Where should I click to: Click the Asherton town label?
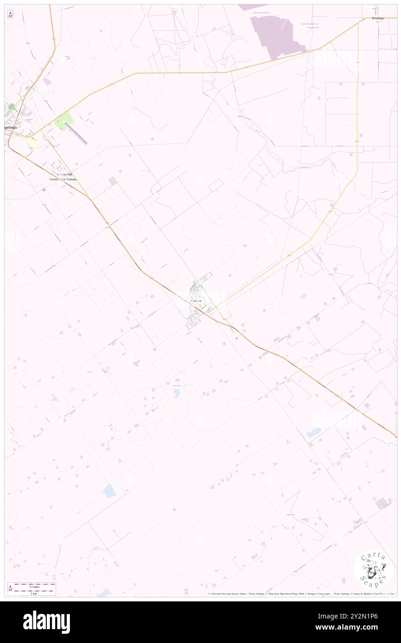196,301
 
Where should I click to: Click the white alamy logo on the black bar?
46,622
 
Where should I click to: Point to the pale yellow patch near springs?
32,142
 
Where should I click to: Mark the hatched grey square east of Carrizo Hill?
113,181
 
